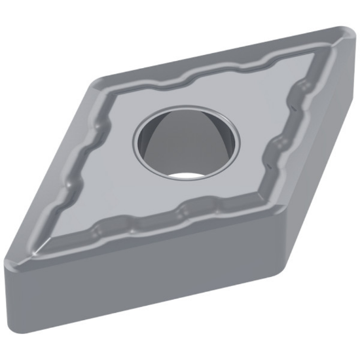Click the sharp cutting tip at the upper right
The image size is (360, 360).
pyautogui.click(x=347, y=33)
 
